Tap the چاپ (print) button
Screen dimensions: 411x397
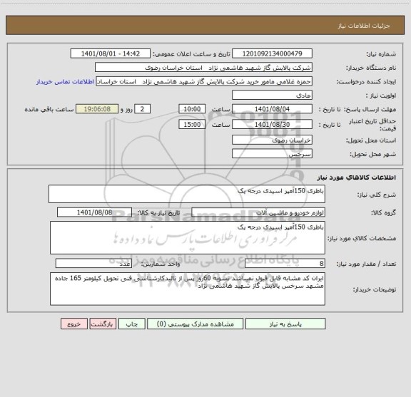tap(132, 324)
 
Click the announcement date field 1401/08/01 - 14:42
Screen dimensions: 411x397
tap(112, 53)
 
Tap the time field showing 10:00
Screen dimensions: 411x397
tap(192, 109)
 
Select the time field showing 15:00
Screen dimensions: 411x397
tap(192, 124)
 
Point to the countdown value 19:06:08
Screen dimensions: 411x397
tap(106, 109)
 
